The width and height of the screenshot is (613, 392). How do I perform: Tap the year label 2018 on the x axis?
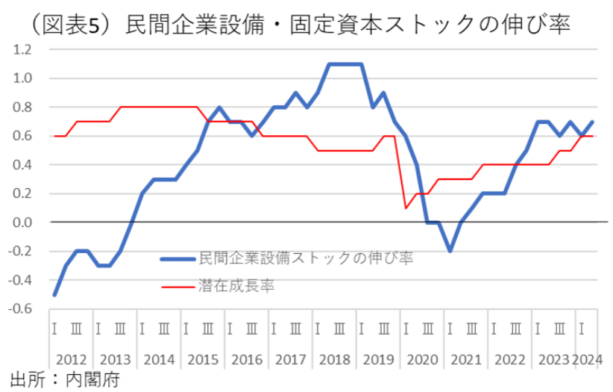coord(334,360)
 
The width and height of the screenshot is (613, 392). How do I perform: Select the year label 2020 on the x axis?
coord(422,360)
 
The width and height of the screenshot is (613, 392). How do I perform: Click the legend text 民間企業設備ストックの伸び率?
coord(306,258)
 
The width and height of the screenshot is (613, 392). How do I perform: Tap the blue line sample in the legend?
coord(179,259)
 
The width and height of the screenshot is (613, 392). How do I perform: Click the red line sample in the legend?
coord(179,284)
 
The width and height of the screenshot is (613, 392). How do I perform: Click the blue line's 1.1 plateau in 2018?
coord(345,64)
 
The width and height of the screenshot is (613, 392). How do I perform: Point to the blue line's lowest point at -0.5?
coord(54,295)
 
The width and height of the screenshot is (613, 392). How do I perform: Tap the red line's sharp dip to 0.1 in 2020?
coord(405,208)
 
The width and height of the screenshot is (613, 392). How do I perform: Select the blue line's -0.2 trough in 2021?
coord(450,252)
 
